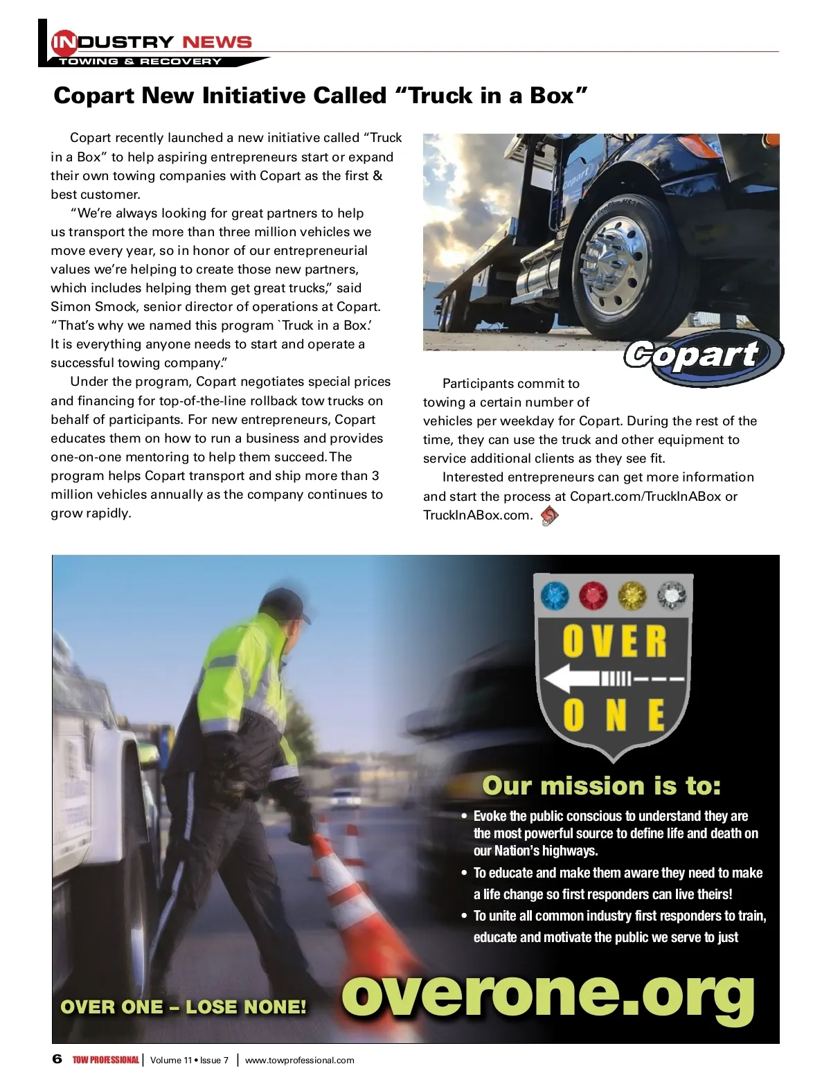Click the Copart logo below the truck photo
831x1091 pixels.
[701, 356]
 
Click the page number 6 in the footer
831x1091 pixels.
[57, 1059]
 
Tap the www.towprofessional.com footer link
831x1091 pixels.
[299, 1060]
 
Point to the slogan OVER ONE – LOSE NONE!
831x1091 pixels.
[184, 1006]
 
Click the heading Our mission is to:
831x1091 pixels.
[601, 786]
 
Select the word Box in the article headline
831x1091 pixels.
[552, 96]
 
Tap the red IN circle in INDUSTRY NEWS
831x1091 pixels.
[64, 42]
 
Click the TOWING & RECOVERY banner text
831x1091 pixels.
[140, 62]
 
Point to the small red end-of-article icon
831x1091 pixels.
[549, 515]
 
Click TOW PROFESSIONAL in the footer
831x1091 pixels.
[105, 1060]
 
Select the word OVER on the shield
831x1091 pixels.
[614, 641]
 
